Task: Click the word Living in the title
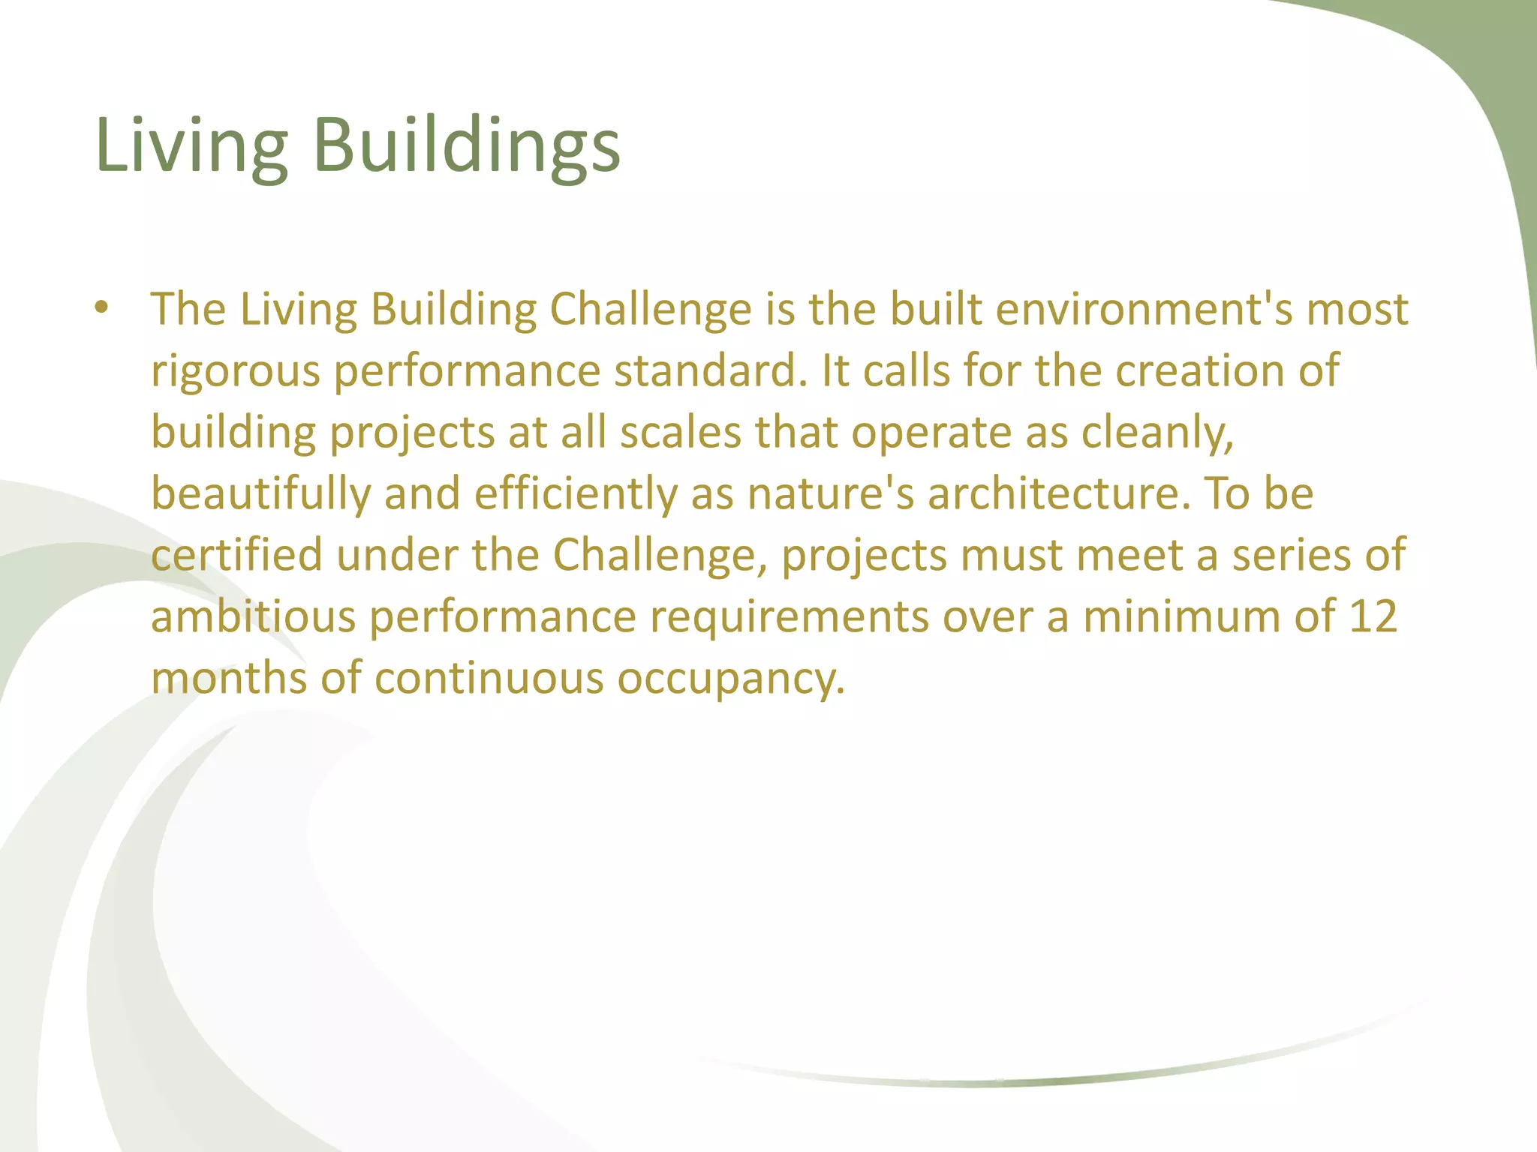tap(191, 146)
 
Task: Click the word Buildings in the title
tap(466, 146)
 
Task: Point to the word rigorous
tap(235, 372)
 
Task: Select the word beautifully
tap(260, 494)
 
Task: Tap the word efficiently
tap(576, 494)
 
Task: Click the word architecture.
tap(1058, 494)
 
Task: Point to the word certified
tap(236, 556)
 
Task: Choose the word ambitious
tap(253, 617)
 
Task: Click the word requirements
tap(790, 617)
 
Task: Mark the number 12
tap(1373, 617)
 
